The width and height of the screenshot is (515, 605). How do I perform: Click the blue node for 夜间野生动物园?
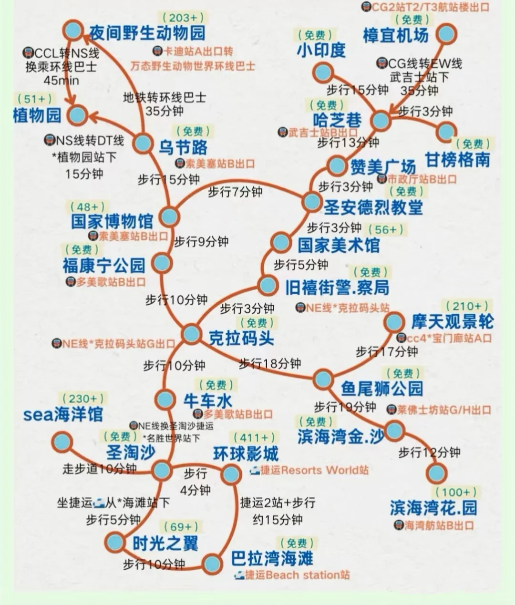pos(73,31)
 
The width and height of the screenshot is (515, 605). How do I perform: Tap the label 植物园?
pos(37,115)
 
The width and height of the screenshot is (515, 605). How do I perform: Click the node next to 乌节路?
pos(143,144)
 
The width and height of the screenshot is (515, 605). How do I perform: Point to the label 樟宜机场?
pos(395,35)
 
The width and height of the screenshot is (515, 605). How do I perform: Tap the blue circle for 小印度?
pos(323,72)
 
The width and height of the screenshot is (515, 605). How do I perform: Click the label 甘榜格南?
pos(457,159)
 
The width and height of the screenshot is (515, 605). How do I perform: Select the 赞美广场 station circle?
pos(337,166)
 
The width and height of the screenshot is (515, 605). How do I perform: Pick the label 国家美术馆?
pos(339,245)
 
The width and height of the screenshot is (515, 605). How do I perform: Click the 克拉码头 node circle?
pos(191,334)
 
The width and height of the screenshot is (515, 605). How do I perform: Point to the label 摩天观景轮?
pos(452,322)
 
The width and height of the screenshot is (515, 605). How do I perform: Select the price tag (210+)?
pos(466,306)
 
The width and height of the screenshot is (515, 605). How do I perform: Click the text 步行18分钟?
pos(270,364)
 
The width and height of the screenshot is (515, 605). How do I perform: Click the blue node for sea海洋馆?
pos(62,442)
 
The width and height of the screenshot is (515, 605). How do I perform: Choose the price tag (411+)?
pos(254,438)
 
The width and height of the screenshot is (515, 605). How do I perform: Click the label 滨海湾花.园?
pos(433,508)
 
